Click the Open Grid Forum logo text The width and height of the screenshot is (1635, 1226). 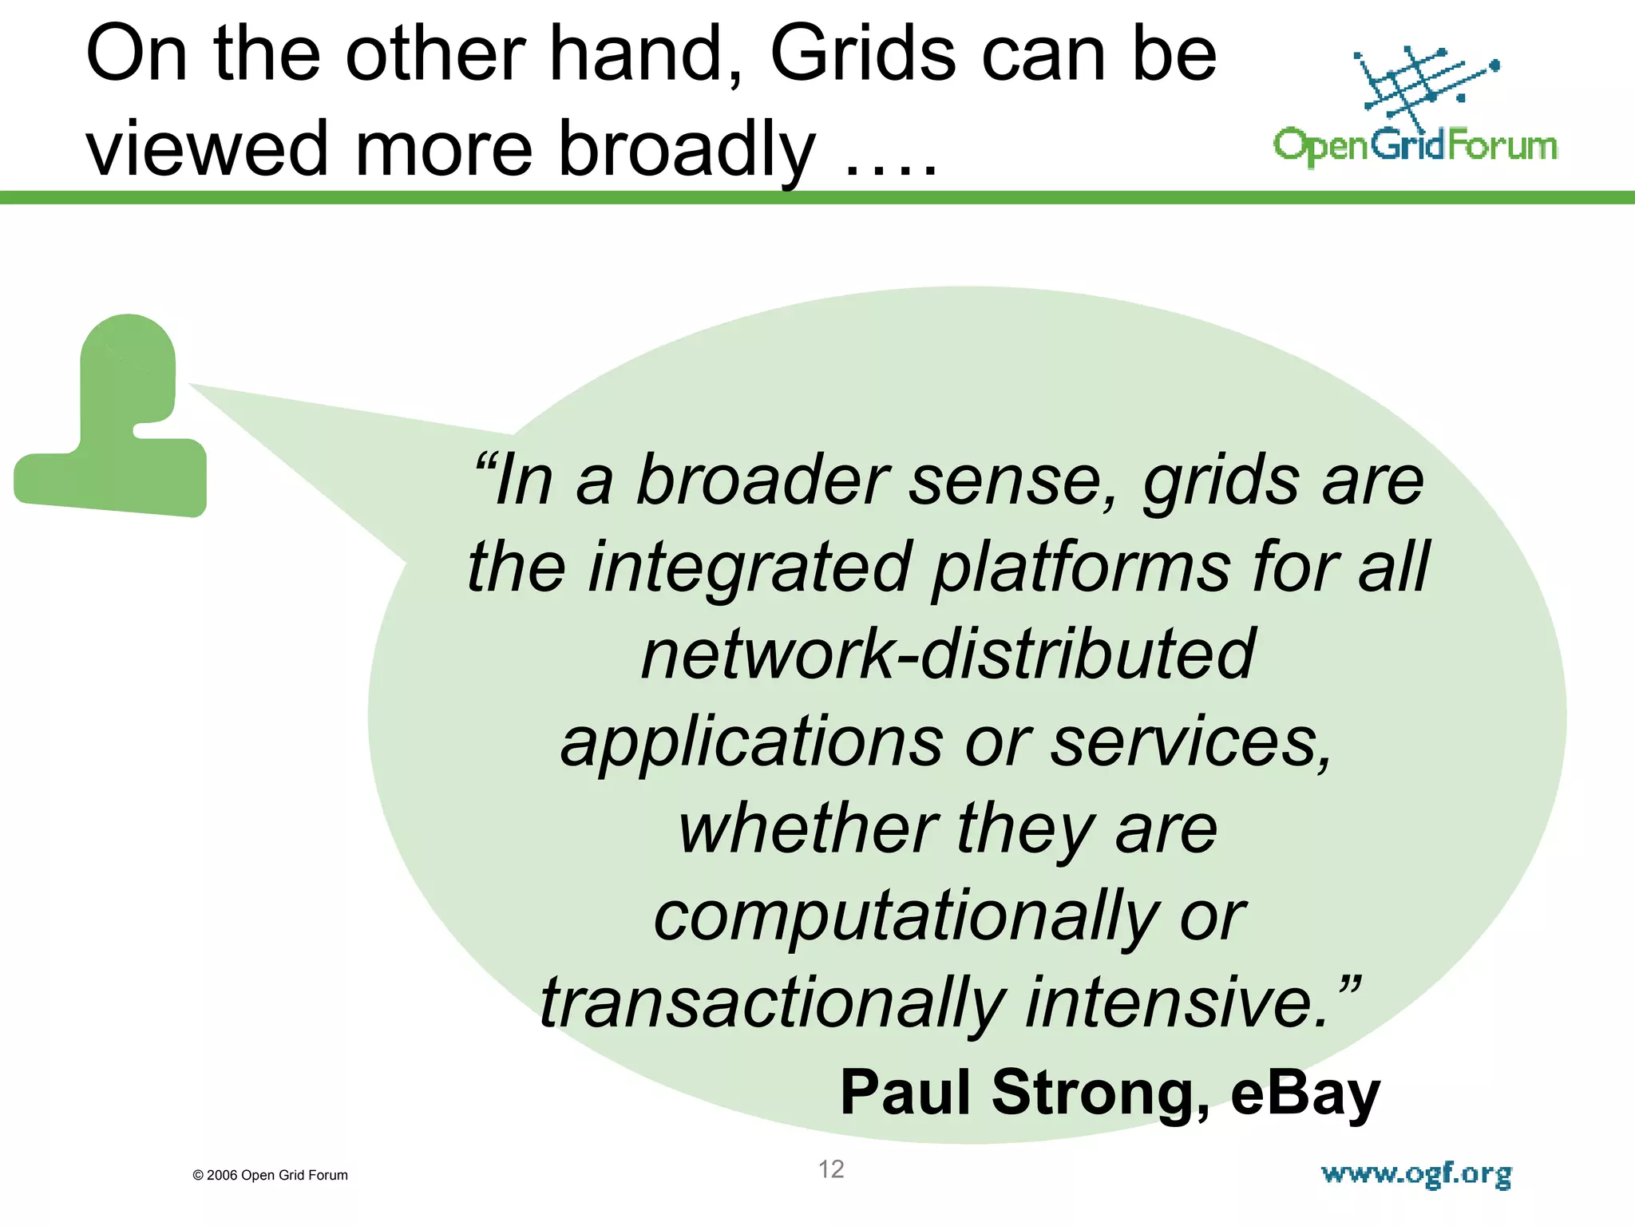pyautogui.click(x=1415, y=146)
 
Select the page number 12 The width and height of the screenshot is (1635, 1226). pyautogui.click(x=831, y=1169)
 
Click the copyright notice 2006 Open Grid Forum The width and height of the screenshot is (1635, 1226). pyautogui.click(x=271, y=1175)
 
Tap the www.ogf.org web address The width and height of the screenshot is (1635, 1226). pyautogui.click(x=1416, y=1174)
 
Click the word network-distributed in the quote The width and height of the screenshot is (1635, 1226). pyautogui.click(x=948, y=655)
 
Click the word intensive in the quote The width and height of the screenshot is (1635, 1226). pyautogui.click(x=1178, y=1003)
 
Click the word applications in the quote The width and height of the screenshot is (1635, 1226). pyautogui.click(x=752, y=742)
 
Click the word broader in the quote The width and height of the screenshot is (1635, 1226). pyautogui.click(x=762, y=481)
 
